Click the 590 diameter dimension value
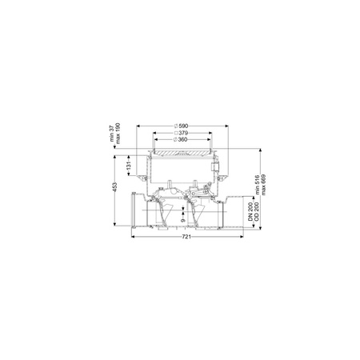(x=183, y=126)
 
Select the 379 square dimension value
(x=183, y=133)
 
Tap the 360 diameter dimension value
(x=182, y=140)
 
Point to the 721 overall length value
(x=186, y=237)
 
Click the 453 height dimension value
(x=115, y=186)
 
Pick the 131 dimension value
(x=129, y=166)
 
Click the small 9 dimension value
(x=182, y=220)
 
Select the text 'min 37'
(x=112, y=133)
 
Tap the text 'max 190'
(x=118, y=134)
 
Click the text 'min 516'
(x=258, y=185)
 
